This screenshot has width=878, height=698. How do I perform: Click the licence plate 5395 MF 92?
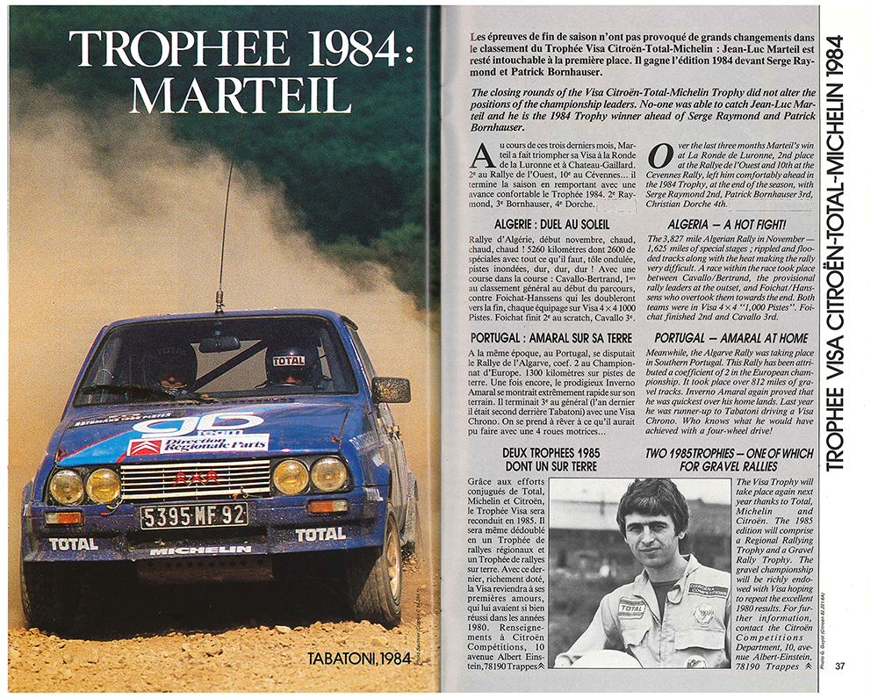click(194, 515)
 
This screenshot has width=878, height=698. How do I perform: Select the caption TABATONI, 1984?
click(359, 658)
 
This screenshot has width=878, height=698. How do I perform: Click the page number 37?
click(840, 665)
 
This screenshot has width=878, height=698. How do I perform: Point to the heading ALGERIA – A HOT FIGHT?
click(723, 225)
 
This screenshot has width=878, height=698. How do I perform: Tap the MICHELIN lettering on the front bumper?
click(200, 550)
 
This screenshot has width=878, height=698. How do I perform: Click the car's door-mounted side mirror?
click(390, 389)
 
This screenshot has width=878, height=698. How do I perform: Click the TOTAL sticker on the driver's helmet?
click(289, 360)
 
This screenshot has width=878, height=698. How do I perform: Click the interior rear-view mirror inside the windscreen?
click(219, 343)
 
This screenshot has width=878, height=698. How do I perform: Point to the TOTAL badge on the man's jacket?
click(630, 607)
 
